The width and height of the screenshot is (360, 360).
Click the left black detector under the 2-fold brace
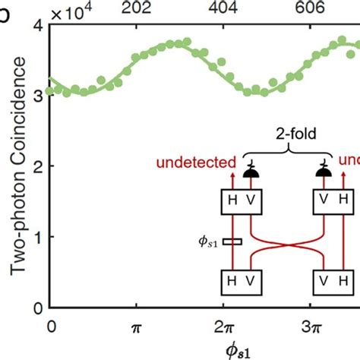click(249, 173)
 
